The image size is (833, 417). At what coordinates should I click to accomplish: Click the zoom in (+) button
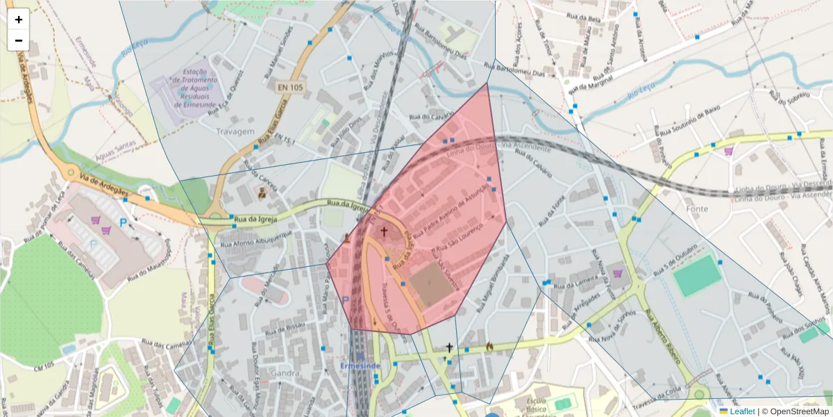tap(19, 19)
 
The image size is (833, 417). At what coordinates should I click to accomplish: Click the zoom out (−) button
tap(19, 40)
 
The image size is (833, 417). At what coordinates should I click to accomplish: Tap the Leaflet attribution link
tap(741, 411)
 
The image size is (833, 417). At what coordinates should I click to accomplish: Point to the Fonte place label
tap(696, 208)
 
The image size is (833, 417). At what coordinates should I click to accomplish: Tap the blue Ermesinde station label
tap(360, 366)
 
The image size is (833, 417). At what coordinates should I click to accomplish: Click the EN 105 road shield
tap(290, 87)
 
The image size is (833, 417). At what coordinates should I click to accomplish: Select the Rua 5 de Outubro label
tap(668, 267)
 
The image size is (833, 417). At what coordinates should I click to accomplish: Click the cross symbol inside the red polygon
tap(383, 231)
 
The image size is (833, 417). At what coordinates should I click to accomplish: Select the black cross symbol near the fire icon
tap(449, 347)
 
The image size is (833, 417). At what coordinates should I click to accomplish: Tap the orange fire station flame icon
tap(489, 345)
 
